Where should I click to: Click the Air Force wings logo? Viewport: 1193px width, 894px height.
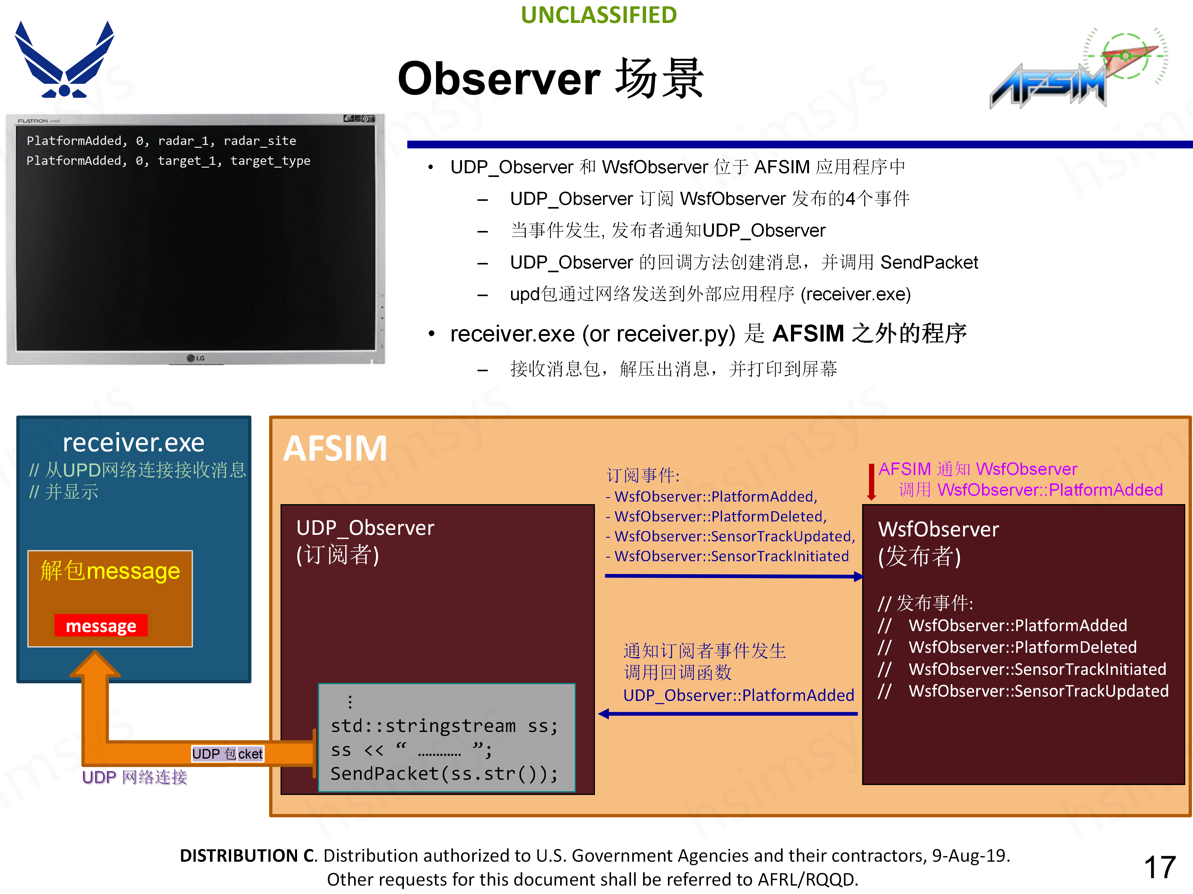[64, 60]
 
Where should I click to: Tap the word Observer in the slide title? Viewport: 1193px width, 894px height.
[499, 79]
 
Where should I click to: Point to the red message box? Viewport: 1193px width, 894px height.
[101, 625]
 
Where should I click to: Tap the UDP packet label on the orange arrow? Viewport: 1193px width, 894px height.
[227, 753]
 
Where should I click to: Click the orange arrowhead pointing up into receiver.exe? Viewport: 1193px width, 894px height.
[95, 664]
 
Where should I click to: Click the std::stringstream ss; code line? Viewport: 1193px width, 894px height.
[444, 726]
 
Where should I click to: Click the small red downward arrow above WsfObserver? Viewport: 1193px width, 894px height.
[871, 482]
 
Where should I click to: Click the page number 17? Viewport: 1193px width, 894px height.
[1159, 867]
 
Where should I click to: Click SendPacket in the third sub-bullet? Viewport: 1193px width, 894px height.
[929, 262]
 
